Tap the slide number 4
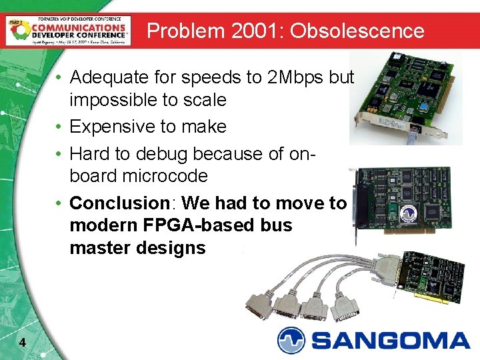(23, 343)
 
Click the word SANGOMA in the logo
(390, 341)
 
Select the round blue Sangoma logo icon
(291, 340)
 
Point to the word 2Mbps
(295, 77)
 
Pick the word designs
(173, 248)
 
